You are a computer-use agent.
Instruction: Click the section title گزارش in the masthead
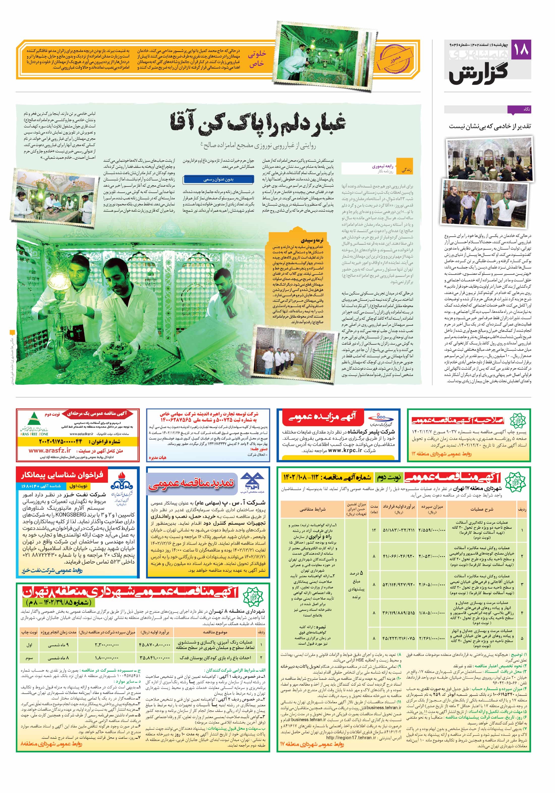click(479, 72)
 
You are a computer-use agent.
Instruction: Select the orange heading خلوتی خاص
click(256, 59)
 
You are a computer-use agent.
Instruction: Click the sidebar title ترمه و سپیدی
click(312, 240)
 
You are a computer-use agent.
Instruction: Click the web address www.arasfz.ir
click(49, 450)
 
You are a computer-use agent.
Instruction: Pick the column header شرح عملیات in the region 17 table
click(481, 509)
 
